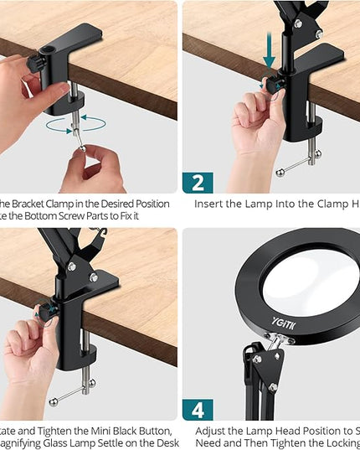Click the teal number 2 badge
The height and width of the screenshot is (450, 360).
pyautogui.click(x=198, y=182)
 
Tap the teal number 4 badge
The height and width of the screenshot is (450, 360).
pyautogui.click(x=198, y=409)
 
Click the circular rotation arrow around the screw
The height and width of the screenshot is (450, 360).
pyautogui.click(x=76, y=124)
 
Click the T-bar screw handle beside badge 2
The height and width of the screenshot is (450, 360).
pyautogui.click(x=300, y=167)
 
